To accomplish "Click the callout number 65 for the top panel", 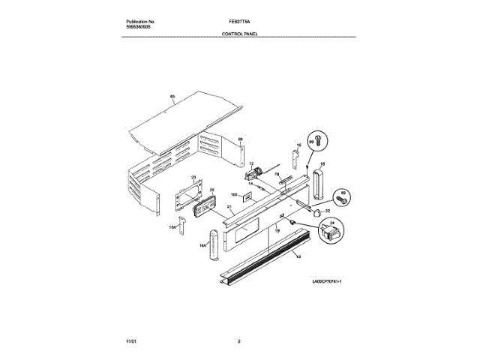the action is [x=172, y=97].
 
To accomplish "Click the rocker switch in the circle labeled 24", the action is [x=328, y=234].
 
